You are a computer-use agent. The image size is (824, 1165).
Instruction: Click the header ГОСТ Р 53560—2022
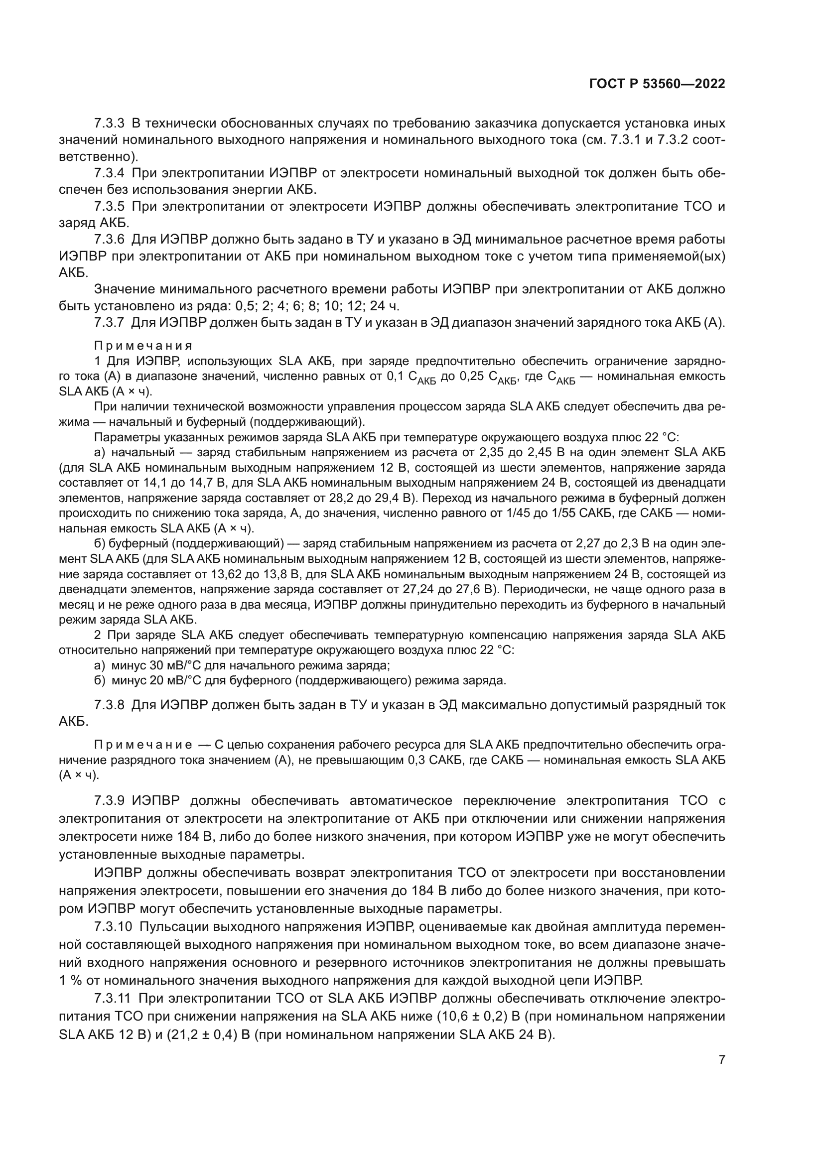(657, 84)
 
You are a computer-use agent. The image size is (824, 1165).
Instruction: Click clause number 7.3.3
(109, 124)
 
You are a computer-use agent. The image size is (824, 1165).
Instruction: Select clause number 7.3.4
(109, 173)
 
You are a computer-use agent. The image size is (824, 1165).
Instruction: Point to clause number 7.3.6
(109, 240)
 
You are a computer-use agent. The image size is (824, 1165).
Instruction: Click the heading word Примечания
(143, 346)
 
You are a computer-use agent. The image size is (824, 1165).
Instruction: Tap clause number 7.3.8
(109, 705)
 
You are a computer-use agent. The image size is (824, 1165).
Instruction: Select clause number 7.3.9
(109, 801)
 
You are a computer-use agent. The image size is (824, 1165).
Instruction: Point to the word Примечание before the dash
(143, 745)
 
